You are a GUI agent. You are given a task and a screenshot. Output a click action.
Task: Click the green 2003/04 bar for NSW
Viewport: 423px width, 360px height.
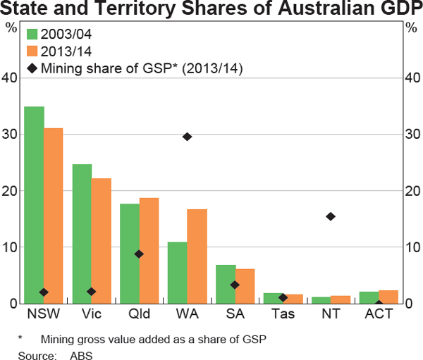[34, 204]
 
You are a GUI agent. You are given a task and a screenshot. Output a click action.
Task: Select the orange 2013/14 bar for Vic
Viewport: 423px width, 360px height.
[102, 240]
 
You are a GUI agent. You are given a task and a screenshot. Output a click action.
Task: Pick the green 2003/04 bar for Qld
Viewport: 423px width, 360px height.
[130, 253]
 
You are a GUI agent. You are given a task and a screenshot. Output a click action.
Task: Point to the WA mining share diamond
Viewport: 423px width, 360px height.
[187, 137]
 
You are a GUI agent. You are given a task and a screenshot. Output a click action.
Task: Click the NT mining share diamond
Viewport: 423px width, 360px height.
[330, 216]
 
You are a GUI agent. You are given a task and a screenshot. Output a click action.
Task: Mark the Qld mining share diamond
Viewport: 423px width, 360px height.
[139, 254]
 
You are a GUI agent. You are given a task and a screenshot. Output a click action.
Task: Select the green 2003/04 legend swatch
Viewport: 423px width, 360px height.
[32, 33]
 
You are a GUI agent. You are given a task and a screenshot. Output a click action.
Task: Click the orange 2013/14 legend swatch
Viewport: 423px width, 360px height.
[32, 51]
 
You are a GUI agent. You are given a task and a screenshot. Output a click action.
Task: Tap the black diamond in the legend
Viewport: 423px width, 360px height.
[32, 68]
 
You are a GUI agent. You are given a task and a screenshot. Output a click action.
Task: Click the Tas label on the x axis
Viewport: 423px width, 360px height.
[283, 314]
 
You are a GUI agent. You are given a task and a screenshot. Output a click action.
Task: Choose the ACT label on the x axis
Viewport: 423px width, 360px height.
[378, 314]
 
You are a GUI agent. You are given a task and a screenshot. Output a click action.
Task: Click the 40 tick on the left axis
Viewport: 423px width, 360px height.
[11, 78]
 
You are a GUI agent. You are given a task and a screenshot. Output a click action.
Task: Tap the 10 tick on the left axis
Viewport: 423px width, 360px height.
[11, 247]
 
